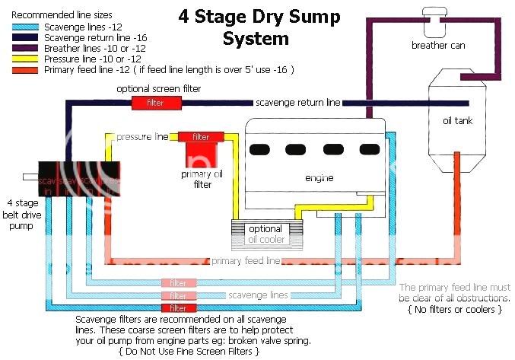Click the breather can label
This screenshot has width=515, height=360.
[x=437, y=45]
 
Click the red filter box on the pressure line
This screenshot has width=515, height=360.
[x=200, y=137]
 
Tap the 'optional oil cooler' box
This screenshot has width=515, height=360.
[x=266, y=234]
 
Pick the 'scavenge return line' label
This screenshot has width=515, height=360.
[x=297, y=102]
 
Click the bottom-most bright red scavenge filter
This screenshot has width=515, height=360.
[x=178, y=308]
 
